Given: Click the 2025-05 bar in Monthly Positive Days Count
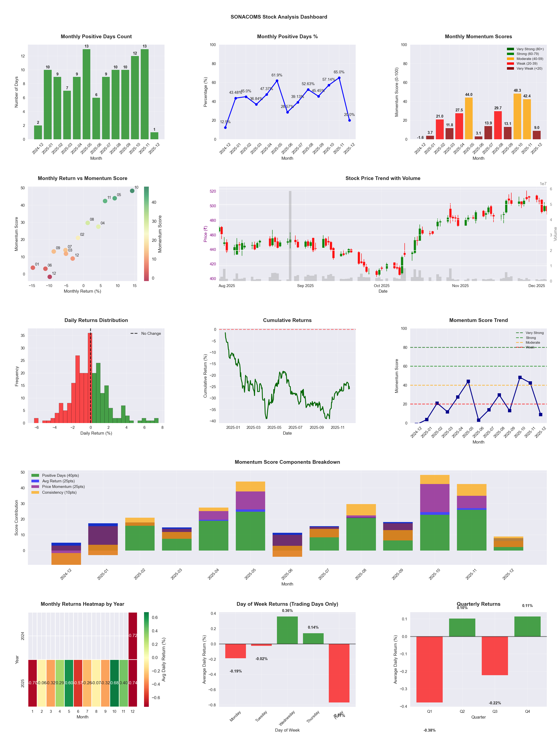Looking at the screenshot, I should click(86, 94).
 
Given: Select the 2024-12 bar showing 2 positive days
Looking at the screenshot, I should click(38, 132).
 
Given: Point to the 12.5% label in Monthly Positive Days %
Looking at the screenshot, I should click(225, 122).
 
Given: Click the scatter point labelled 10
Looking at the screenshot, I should click(132, 191).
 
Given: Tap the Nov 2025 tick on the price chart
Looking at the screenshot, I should click(460, 286).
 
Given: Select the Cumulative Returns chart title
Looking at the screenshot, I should click(287, 320).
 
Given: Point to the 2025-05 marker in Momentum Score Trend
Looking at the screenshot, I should click(468, 382).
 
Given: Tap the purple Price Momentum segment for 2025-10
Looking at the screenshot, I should click(435, 498).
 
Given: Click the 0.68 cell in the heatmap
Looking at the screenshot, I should click(114, 683).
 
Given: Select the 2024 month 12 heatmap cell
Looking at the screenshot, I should click(133, 635).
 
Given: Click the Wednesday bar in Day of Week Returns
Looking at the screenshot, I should click(287, 630).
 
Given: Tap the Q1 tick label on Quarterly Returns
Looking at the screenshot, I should click(429, 711).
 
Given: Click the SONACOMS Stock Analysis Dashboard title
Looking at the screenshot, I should click(279, 17).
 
